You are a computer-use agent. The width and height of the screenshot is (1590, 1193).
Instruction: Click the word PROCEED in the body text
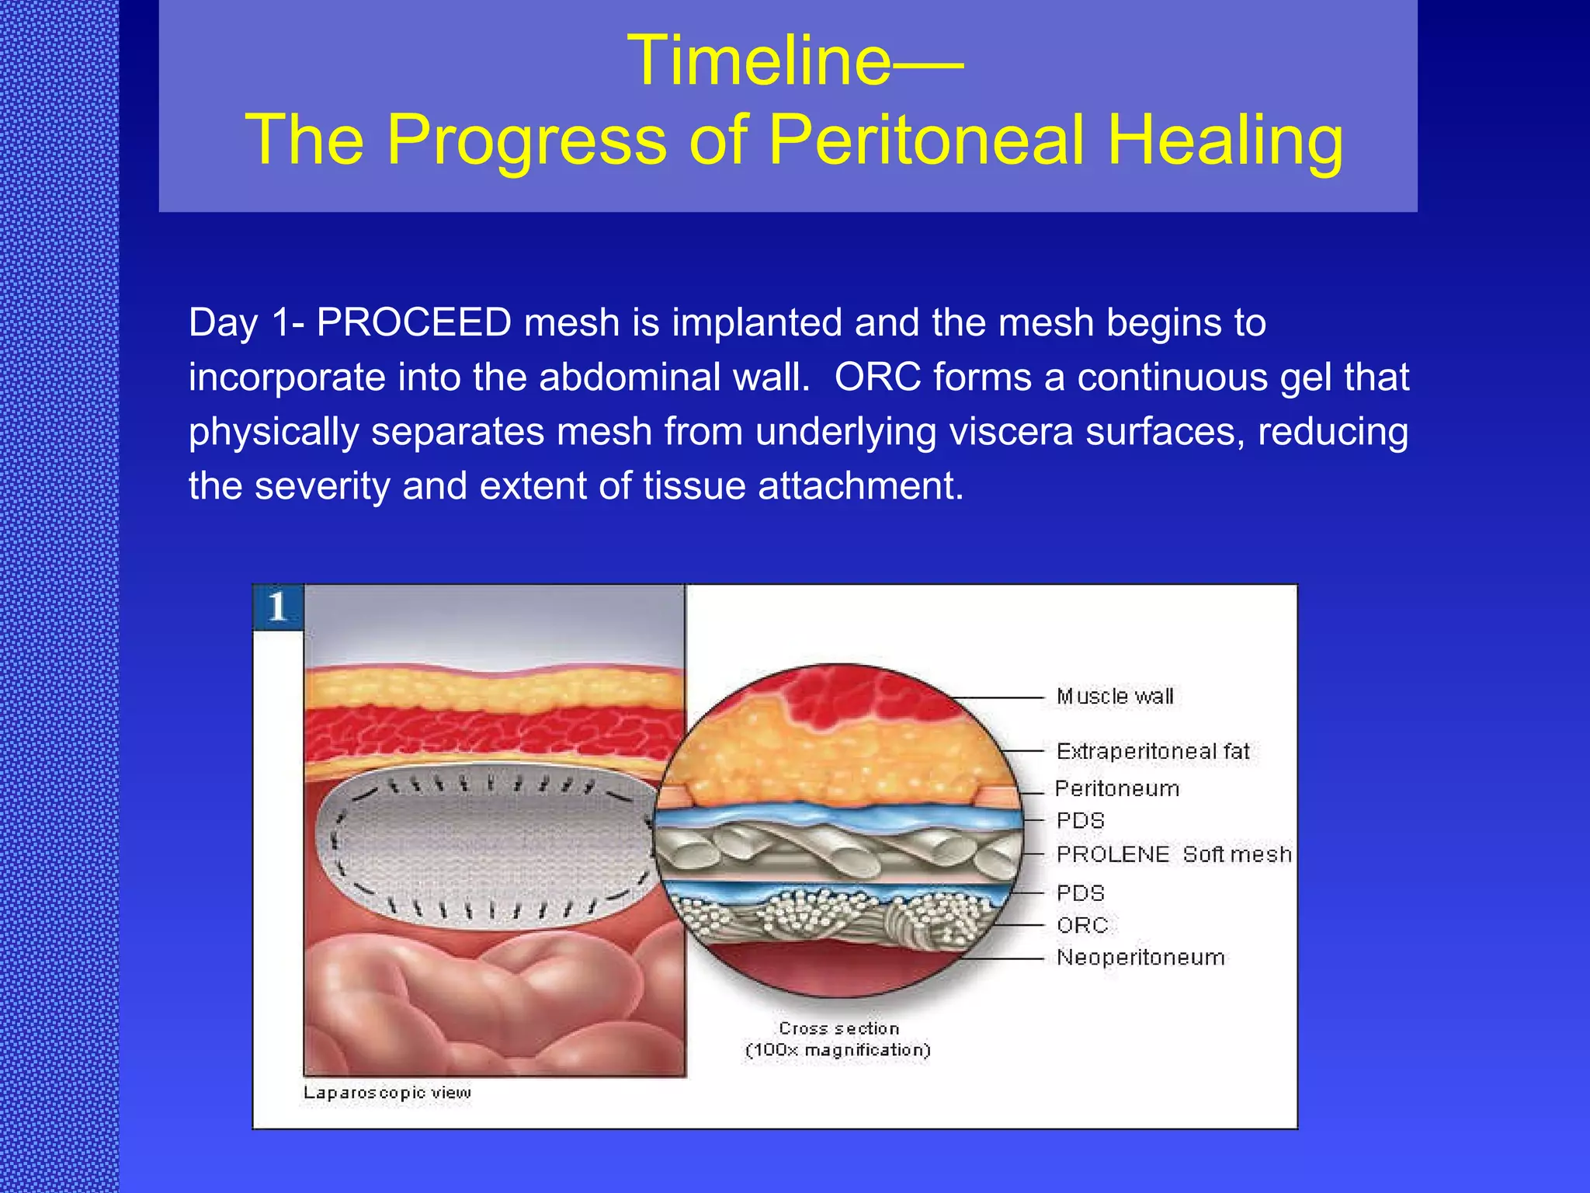click(x=413, y=322)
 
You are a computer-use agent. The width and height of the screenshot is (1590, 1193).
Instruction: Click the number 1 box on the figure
click(x=277, y=607)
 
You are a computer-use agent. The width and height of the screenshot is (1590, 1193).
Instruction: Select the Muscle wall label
click(x=1115, y=697)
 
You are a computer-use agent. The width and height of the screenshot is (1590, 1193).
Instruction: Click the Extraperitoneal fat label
click(x=1153, y=751)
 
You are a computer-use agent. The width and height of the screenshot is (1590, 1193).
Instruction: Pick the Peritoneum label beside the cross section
click(x=1117, y=789)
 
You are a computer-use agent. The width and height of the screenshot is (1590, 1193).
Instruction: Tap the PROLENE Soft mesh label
click(x=1174, y=854)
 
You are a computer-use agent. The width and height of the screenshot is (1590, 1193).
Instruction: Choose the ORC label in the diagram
click(x=1082, y=925)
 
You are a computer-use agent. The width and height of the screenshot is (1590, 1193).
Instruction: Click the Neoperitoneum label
click(x=1140, y=958)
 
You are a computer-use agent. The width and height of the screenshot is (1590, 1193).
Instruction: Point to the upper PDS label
click(x=1080, y=821)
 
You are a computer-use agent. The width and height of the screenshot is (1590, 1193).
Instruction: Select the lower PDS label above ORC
click(x=1080, y=893)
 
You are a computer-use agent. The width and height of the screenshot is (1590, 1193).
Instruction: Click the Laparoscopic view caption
click(x=387, y=1093)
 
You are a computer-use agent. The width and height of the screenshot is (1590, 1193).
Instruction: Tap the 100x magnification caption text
click(x=838, y=1050)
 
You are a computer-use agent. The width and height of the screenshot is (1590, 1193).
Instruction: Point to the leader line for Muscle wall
click(x=1002, y=697)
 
